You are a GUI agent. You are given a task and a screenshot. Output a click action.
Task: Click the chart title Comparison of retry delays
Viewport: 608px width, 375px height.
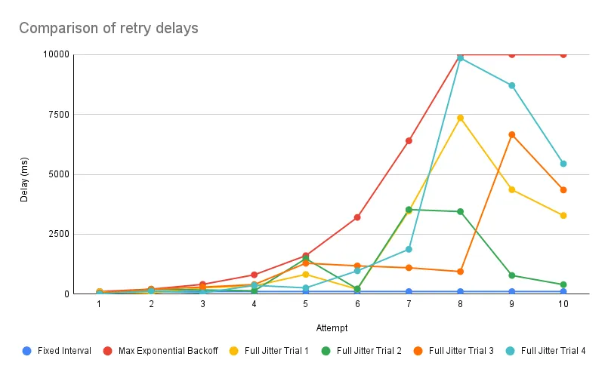pyautogui.click(x=108, y=29)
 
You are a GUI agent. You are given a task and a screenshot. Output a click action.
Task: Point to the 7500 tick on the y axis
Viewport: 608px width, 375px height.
pyautogui.click(x=57, y=114)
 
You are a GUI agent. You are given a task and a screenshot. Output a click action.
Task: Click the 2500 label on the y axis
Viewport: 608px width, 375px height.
pyautogui.click(x=57, y=234)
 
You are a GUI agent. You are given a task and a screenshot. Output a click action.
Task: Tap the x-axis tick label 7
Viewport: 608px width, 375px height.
pyautogui.click(x=409, y=303)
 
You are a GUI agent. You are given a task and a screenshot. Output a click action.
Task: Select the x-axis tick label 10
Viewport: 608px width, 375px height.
pyautogui.click(x=563, y=303)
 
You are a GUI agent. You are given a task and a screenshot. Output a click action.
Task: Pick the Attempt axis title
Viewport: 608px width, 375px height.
pyautogui.click(x=331, y=328)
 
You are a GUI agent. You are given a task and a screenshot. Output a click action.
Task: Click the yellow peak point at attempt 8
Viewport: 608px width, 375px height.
pyautogui.click(x=460, y=118)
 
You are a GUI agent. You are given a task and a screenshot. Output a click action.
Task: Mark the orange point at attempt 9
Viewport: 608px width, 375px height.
pyautogui.click(x=511, y=134)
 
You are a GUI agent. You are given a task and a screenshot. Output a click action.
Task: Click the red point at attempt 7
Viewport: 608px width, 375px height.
pyautogui.click(x=409, y=140)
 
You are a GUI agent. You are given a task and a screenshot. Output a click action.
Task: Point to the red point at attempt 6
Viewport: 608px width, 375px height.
pyautogui.click(x=357, y=217)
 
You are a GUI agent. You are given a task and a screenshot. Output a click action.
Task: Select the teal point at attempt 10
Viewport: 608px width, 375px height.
pyautogui.click(x=563, y=164)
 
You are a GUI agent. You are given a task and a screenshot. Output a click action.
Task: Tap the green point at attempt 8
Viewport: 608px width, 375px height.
pyautogui.click(x=460, y=211)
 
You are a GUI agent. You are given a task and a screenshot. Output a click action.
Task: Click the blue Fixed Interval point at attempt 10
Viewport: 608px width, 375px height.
pyautogui.click(x=563, y=291)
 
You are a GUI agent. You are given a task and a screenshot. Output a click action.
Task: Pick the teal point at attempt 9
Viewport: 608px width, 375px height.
pyautogui.click(x=511, y=85)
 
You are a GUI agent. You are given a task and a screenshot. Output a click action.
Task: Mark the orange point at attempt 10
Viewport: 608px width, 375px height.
pyautogui.click(x=563, y=189)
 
